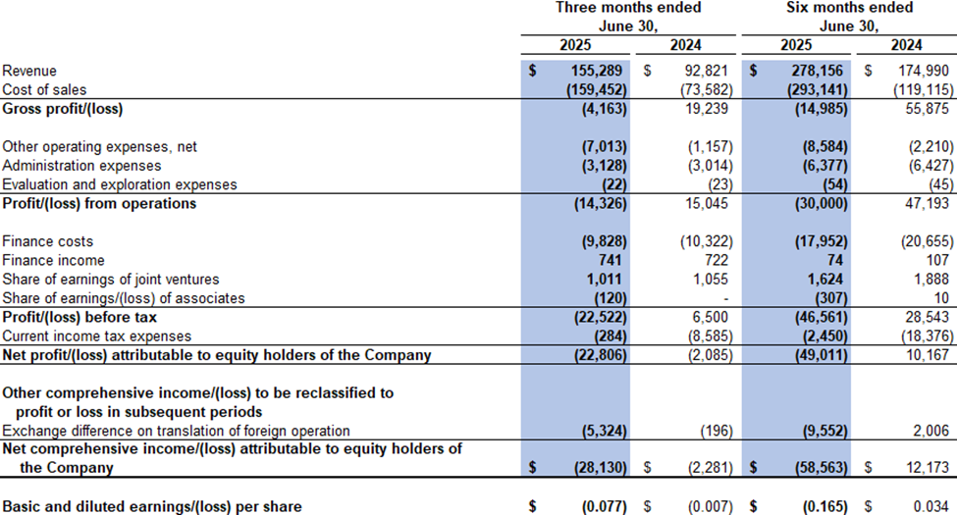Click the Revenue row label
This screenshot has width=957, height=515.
[29, 71]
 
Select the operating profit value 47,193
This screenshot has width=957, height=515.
[901, 203]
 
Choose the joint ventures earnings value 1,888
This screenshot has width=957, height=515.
[905, 279]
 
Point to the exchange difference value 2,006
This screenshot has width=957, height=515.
[905, 431]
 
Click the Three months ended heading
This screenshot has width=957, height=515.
[628, 8]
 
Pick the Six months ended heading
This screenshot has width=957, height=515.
[850, 8]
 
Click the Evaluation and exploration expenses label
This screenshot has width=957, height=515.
[120, 183]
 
